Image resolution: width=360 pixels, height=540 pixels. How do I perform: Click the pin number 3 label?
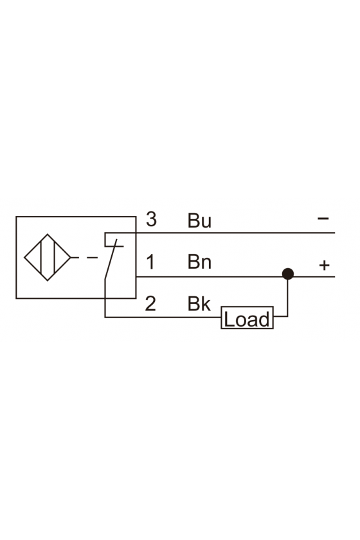[151, 219]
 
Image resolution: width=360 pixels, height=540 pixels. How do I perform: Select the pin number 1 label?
[150, 262]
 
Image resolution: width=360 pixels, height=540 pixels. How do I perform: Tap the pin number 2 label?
[150, 303]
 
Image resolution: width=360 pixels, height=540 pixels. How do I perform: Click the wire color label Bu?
[199, 221]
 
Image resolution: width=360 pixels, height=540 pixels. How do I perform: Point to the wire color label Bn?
[199, 262]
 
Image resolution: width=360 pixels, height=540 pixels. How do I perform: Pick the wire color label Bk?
[199, 303]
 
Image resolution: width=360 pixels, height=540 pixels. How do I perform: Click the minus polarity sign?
[323, 219]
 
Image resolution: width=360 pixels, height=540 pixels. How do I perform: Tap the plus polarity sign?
[324, 265]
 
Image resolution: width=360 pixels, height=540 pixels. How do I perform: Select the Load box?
[247, 318]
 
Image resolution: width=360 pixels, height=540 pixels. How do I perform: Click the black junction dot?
[287, 274]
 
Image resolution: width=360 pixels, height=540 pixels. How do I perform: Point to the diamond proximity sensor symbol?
[48, 258]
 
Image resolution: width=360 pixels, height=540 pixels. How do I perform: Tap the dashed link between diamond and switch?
[84, 258]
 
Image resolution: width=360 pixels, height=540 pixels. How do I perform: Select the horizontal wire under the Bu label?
[235, 233]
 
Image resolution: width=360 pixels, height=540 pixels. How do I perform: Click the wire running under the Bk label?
[163, 317]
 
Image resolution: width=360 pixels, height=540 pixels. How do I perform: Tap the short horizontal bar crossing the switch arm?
[114, 246]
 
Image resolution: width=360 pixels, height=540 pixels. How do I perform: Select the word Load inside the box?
[247, 319]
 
